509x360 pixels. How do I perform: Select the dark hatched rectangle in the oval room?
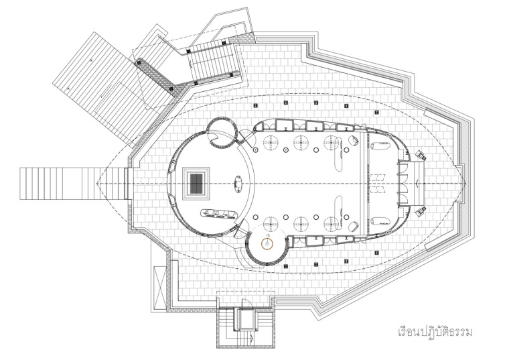[197, 182]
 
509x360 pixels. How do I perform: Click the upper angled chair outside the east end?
[420, 155]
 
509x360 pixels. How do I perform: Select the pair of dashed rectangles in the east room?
[379, 182]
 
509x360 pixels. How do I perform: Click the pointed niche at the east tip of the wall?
[417, 182]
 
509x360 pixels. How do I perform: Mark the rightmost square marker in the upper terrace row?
[346, 106]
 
